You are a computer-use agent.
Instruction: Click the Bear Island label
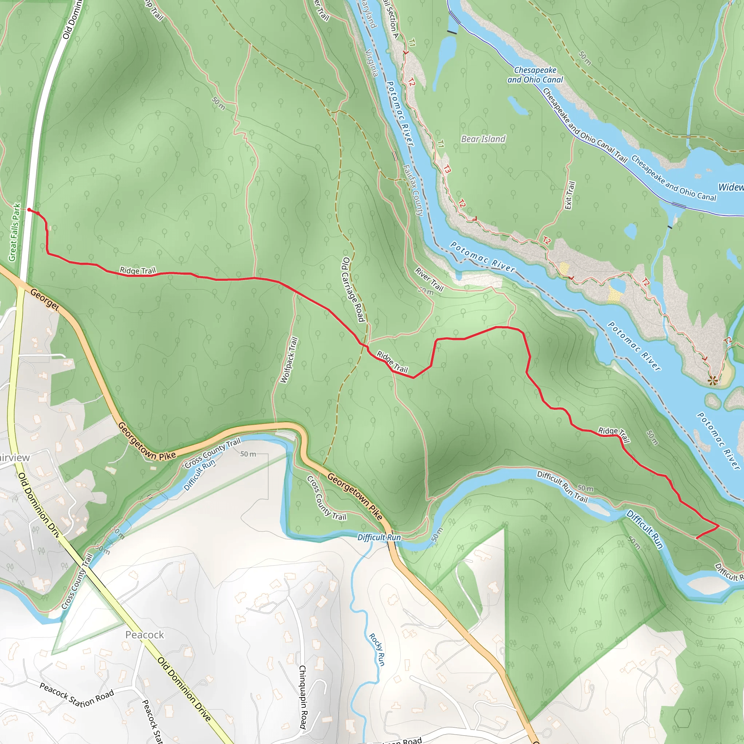(483, 139)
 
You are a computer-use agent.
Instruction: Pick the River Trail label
(429, 279)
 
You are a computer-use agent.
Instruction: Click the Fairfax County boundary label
(413, 190)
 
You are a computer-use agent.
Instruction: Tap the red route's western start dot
(29, 210)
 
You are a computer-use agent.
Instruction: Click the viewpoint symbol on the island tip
(713, 381)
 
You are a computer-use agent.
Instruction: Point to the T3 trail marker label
(446, 169)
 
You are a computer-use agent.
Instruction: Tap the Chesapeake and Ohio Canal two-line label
(535, 75)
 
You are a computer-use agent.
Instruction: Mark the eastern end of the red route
(696, 538)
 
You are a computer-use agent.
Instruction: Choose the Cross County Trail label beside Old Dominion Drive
(77, 581)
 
